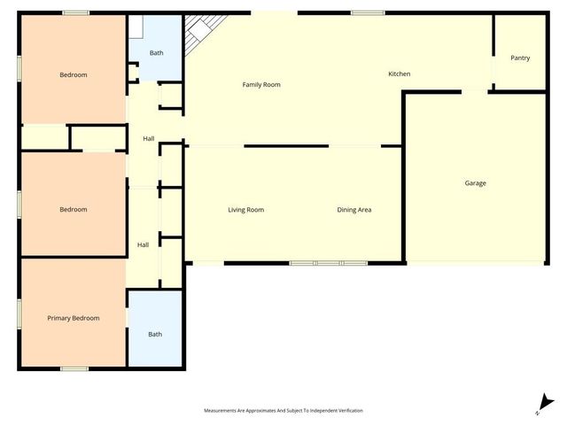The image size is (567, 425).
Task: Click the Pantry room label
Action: [520, 58]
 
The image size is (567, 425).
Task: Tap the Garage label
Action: [475, 183]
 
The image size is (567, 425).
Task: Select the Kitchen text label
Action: [399, 73]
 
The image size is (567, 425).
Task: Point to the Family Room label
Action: [261, 85]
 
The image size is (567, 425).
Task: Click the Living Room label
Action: [245, 210]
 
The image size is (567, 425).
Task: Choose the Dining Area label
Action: [353, 210]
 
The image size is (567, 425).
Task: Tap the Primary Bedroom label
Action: [74, 318]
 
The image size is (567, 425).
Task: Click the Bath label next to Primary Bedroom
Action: [155, 334]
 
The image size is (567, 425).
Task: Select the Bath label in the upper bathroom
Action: [156, 53]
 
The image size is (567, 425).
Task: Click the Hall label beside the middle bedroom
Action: [143, 244]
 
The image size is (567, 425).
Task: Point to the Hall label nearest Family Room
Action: [149, 138]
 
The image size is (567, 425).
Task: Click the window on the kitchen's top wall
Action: [367, 12]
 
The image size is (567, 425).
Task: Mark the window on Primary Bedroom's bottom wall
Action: [74, 367]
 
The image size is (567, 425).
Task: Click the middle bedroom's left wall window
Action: [19, 205]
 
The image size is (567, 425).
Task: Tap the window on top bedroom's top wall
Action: [75, 12]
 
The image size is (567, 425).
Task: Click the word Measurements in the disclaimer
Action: [221, 411]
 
